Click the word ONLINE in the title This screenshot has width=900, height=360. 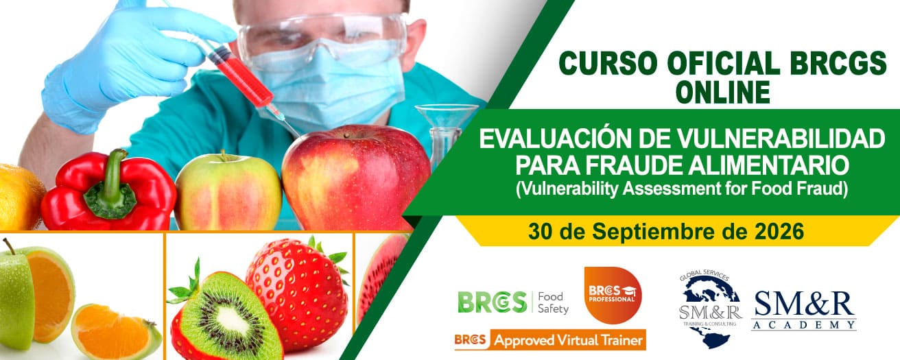723,93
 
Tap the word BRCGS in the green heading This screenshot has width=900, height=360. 838,62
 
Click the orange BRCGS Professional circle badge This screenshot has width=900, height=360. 613,296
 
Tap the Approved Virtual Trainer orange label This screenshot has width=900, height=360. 550,340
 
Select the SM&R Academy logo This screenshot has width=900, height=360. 804,311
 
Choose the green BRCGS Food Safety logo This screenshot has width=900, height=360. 513,302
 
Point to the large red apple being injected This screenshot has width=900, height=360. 355,178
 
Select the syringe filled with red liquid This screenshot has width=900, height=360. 241,76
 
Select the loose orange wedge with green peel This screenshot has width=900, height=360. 117,331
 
